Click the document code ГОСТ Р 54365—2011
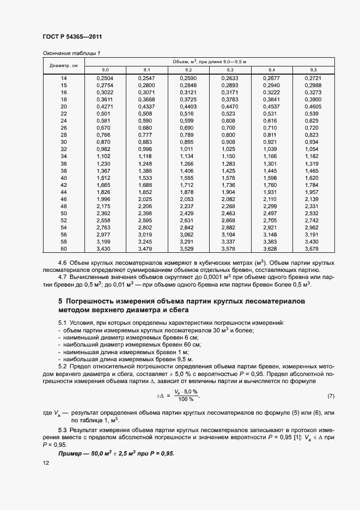(x=72, y=37)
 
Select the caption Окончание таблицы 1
(x=71, y=53)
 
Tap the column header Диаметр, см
(x=63, y=65)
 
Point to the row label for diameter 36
(x=63, y=163)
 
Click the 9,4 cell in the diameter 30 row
(x=271, y=142)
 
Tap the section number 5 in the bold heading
(x=60, y=301)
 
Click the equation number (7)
(x=331, y=395)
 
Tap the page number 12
(x=46, y=463)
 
